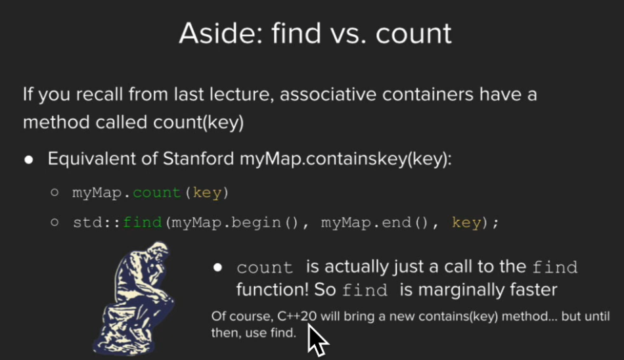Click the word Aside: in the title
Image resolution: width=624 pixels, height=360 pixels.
tap(221, 33)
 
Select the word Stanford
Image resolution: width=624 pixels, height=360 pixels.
tap(198, 158)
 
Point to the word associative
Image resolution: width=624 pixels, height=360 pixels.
tap(328, 95)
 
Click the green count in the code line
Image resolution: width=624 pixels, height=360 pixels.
tap(157, 193)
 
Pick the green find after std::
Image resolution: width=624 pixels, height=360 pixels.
tap(143, 222)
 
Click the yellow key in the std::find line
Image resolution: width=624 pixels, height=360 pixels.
tap(466, 223)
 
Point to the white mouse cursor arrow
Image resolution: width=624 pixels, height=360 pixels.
tap(317, 340)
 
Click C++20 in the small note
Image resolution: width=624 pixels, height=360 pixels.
tap(297, 316)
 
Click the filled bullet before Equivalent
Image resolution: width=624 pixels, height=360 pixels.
tap(29, 160)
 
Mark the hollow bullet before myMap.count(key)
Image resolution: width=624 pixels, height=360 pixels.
tap(55, 192)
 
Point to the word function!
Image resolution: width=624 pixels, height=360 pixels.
tap(273, 290)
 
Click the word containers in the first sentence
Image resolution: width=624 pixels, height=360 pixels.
tap(428, 95)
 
